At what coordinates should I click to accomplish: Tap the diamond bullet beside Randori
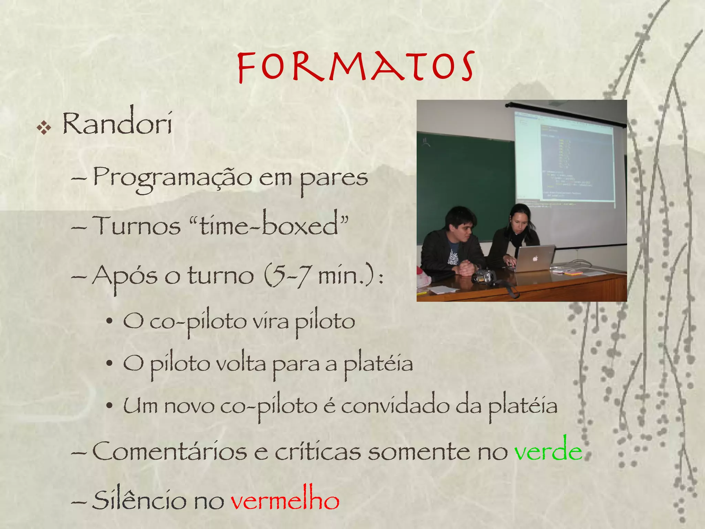[x=44, y=128]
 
